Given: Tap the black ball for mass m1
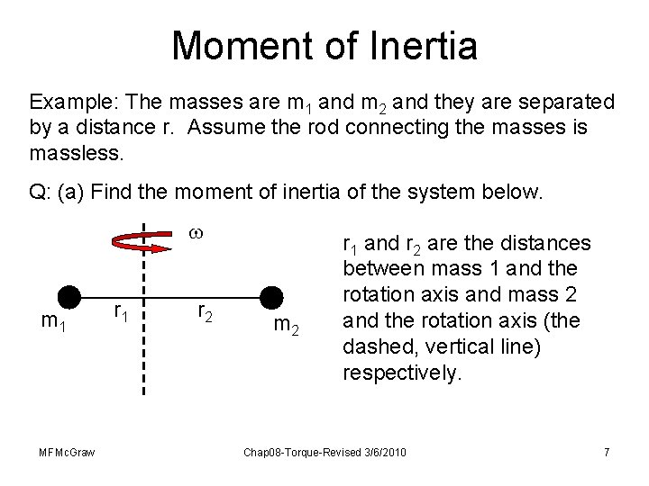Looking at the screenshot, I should pos(69,297).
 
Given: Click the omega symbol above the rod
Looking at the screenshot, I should pos(197,232).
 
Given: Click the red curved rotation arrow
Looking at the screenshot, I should pos(134,238).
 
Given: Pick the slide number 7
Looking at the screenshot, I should pos(607,451).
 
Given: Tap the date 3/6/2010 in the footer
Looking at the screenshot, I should pos(382,451).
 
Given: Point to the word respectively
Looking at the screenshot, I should pos(401,372).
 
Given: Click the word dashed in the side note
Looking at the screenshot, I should pos(372,346).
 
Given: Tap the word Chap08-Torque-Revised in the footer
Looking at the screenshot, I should pos(303,451).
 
